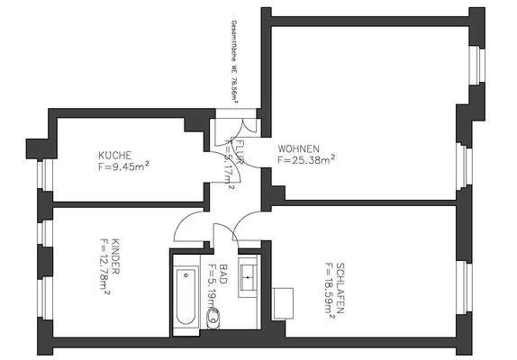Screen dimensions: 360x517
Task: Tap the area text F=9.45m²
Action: coord(124,166)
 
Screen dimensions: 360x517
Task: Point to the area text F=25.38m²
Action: coord(307,160)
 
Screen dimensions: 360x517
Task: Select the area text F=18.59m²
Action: coord(327,292)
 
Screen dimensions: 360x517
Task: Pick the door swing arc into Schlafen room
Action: coord(247,229)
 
